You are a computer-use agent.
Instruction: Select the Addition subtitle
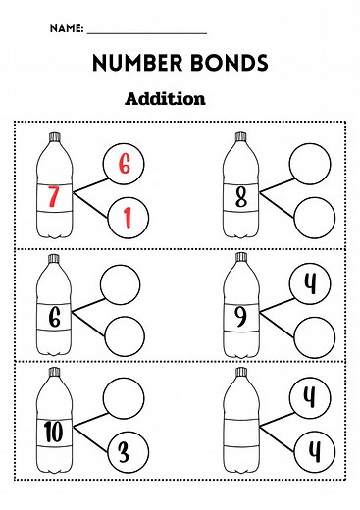(x=166, y=98)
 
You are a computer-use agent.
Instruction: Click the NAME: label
(x=67, y=30)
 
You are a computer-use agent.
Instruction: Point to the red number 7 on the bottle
(x=52, y=197)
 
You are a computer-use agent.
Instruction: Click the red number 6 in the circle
(x=124, y=164)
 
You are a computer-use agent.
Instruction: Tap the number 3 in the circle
(x=124, y=452)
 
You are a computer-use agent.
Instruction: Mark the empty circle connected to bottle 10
(x=124, y=399)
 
